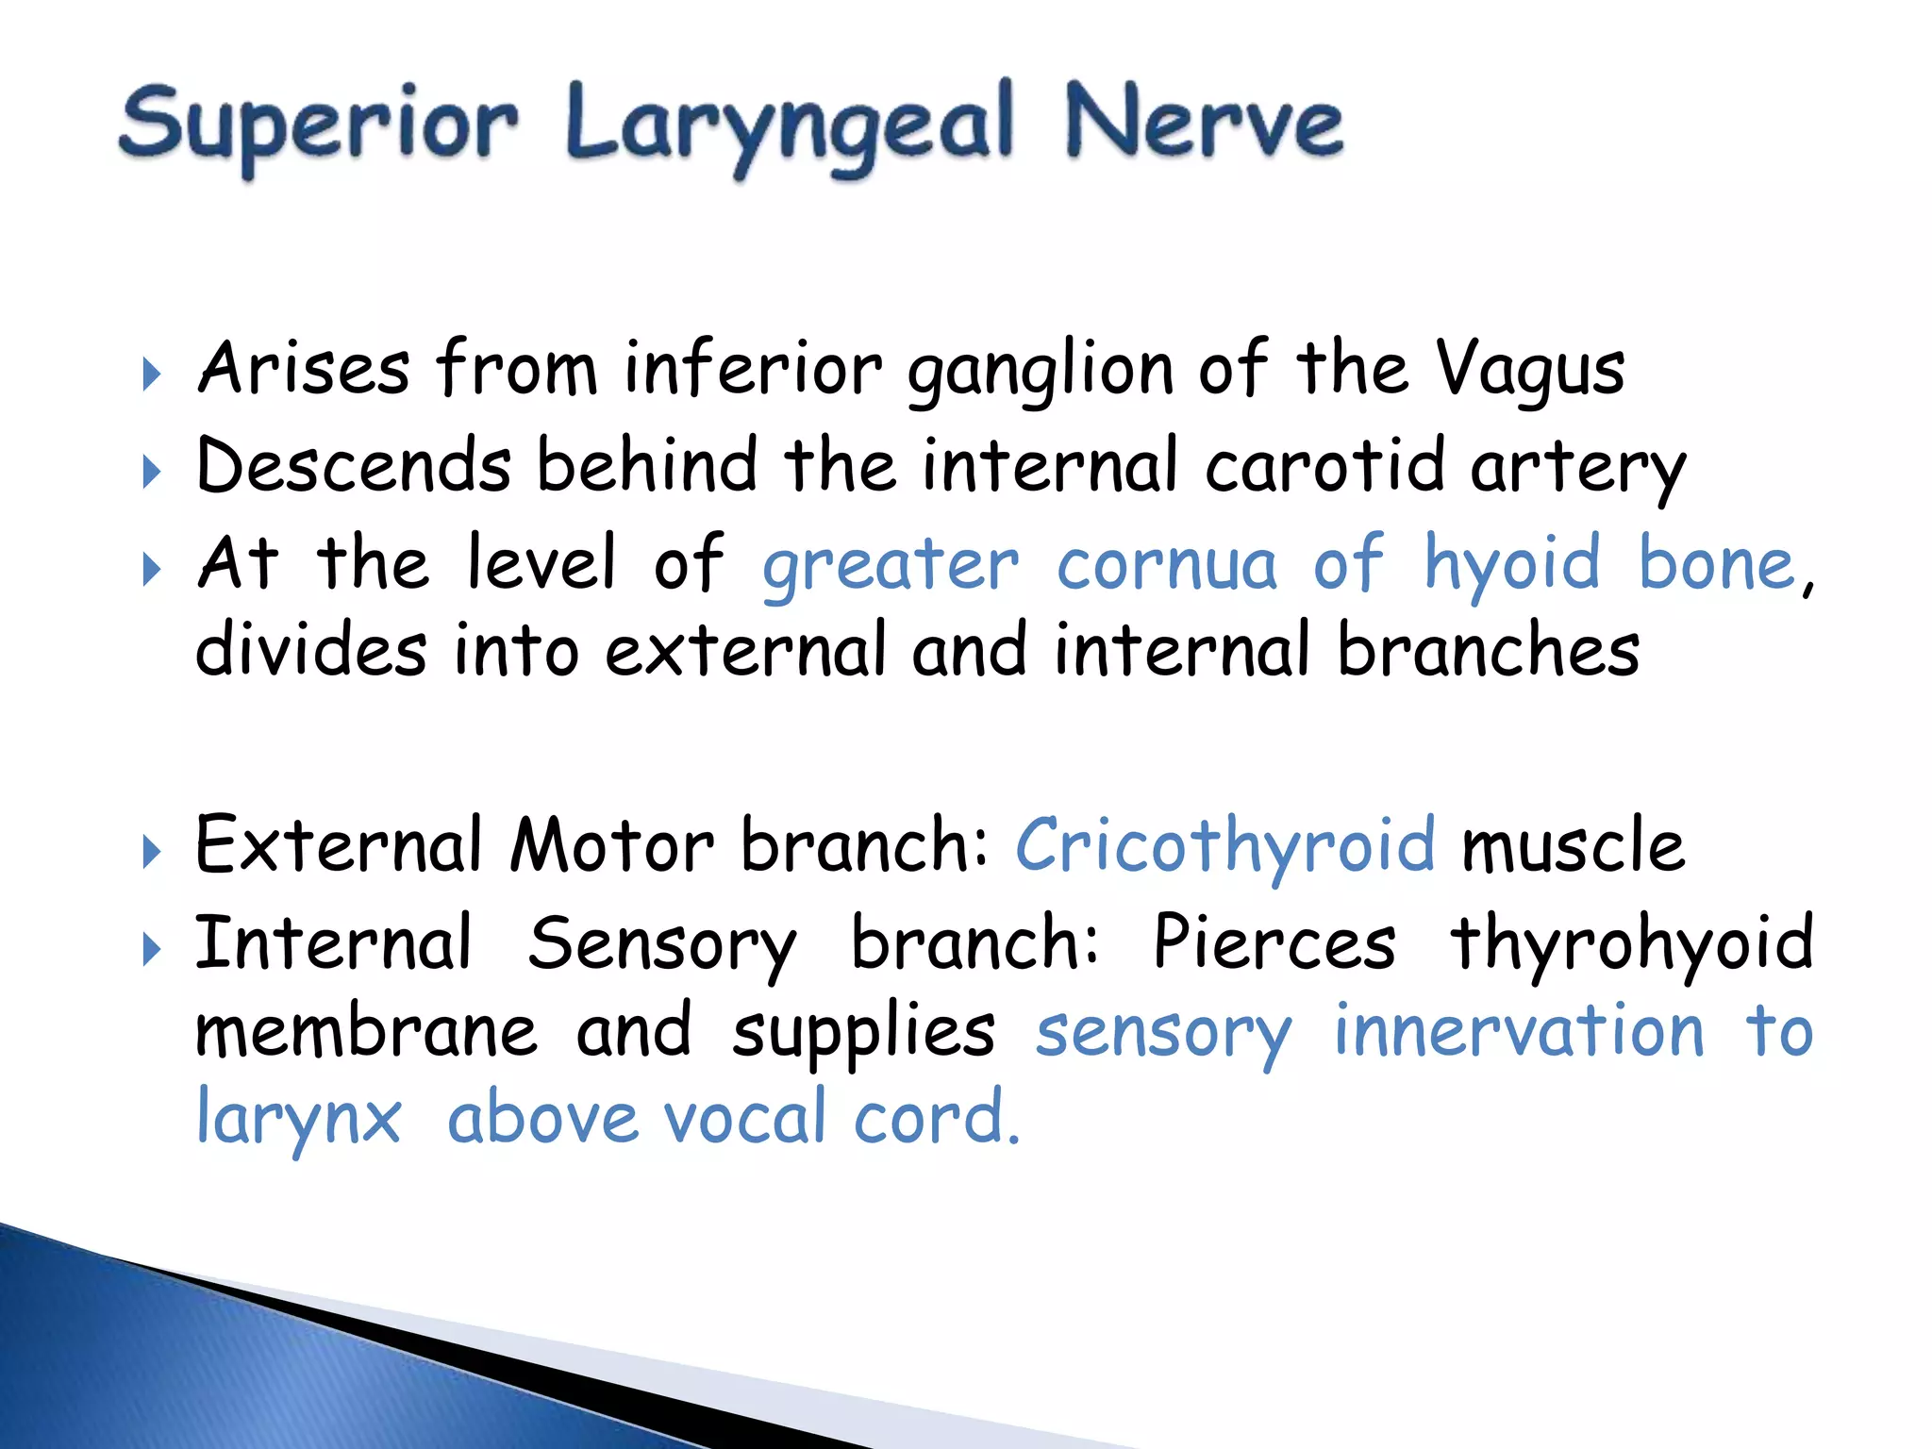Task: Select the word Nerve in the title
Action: click(1203, 123)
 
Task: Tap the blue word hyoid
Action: click(1511, 564)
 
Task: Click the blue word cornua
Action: click(1166, 564)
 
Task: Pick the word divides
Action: click(311, 651)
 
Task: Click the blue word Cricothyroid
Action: click(1224, 844)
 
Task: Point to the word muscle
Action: click(1572, 844)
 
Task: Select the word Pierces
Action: click(1274, 942)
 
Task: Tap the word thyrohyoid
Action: click(1631, 942)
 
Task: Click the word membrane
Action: click(366, 1030)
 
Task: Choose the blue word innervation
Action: click(1518, 1030)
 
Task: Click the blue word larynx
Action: click(298, 1119)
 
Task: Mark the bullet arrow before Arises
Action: click(151, 375)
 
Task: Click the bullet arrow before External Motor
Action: click(151, 852)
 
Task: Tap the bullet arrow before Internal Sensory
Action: click(151, 949)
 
